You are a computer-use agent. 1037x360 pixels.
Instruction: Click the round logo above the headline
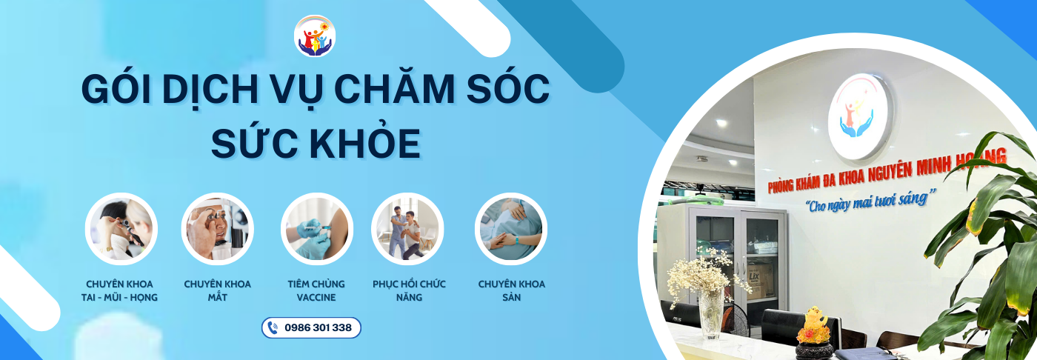315,36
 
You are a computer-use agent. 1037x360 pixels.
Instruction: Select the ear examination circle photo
121,229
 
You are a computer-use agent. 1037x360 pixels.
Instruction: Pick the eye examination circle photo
218,229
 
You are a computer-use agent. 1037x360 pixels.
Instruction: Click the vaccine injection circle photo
317,229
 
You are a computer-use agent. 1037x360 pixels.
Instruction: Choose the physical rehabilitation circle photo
407,229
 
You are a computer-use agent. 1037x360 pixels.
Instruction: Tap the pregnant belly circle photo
511,229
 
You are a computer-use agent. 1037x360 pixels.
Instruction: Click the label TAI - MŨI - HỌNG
119,297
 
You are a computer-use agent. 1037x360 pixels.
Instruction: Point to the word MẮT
218,297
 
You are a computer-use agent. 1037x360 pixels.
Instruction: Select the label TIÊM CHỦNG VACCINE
316,290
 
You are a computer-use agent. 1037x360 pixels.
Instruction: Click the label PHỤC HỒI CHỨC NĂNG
409,290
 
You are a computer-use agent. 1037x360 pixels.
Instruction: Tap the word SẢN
512,297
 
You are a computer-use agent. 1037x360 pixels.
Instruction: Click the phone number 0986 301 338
318,327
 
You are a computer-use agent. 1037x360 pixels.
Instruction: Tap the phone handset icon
273,327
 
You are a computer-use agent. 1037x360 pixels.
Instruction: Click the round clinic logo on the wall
859,116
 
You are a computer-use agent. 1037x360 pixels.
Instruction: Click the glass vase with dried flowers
712,314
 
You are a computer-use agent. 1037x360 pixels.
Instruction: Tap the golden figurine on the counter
814,325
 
